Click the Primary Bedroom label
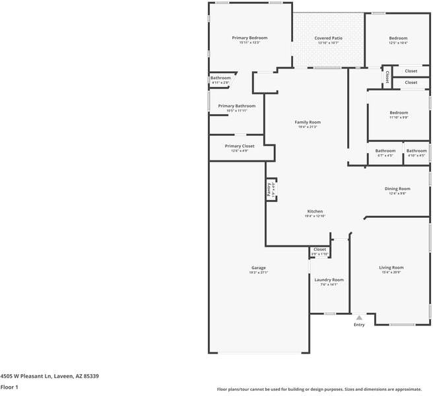click(x=249, y=38)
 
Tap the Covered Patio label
click(x=328, y=38)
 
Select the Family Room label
click(x=308, y=122)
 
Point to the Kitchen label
click(x=314, y=211)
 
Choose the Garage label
click(x=258, y=267)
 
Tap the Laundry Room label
click(x=329, y=280)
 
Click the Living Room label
click(x=391, y=267)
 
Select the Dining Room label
click(x=397, y=189)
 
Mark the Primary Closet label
click(x=239, y=146)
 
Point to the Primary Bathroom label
click(x=236, y=106)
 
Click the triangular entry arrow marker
click(x=359, y=317)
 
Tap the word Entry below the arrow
click(x=359, y=325)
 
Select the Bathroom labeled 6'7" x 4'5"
click(x=385, y=150)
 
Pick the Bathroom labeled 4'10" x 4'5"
click(x=416, y=150)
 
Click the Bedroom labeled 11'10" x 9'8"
click(x=398, y=113)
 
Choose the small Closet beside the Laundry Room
click(x=319, y=249)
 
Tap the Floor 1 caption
click(x=9, y=387)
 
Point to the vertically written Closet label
click(x=387, y=75)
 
